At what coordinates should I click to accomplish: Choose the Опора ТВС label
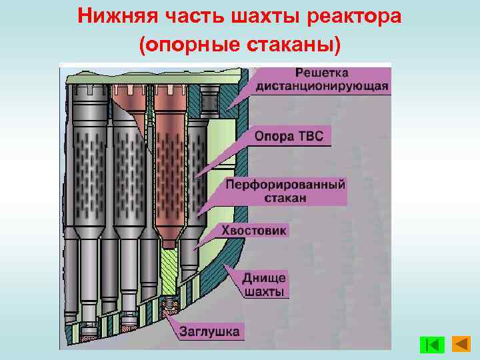pos(289,137)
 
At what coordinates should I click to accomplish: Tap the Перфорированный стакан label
pos(285,191)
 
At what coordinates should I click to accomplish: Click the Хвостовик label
pos(254,231)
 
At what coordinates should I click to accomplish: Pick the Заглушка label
pos(209,332)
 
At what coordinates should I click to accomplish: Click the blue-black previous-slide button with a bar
pos(433,345)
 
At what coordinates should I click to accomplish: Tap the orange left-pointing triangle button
pos(461,344)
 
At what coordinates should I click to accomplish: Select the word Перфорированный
pos(285,184)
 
